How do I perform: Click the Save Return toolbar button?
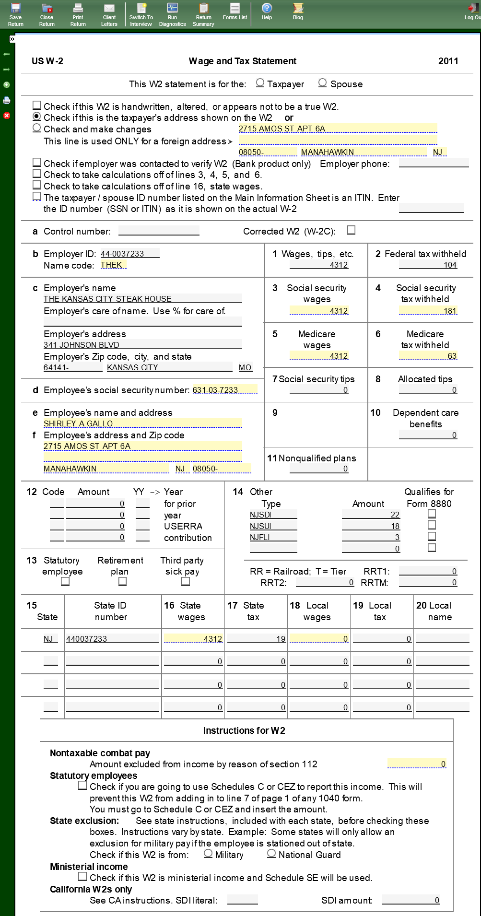pyautogui.click(x=15, y=14)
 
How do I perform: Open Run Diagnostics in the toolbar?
pyautogui.click(x=172, y=14)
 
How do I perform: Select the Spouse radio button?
pyautogui.click(x=323, y=83)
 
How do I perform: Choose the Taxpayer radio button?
pyautogui.click(x=260, y=83)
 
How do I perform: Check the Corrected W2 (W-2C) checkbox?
pyautogui.click(x=352, y=230)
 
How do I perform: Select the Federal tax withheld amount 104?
pyautogui.click(x=428, y=265)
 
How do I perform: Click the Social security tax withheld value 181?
pyautogui.click(x=428, y=311)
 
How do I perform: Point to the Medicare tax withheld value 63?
pyautogui.click(x=428, y=356)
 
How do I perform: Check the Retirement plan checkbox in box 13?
pyautogui.click(x=123, y=581)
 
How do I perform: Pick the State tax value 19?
pyautogui.click(x=257, y=639)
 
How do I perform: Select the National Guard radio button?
pyautogui.click(x=271, y=854)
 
